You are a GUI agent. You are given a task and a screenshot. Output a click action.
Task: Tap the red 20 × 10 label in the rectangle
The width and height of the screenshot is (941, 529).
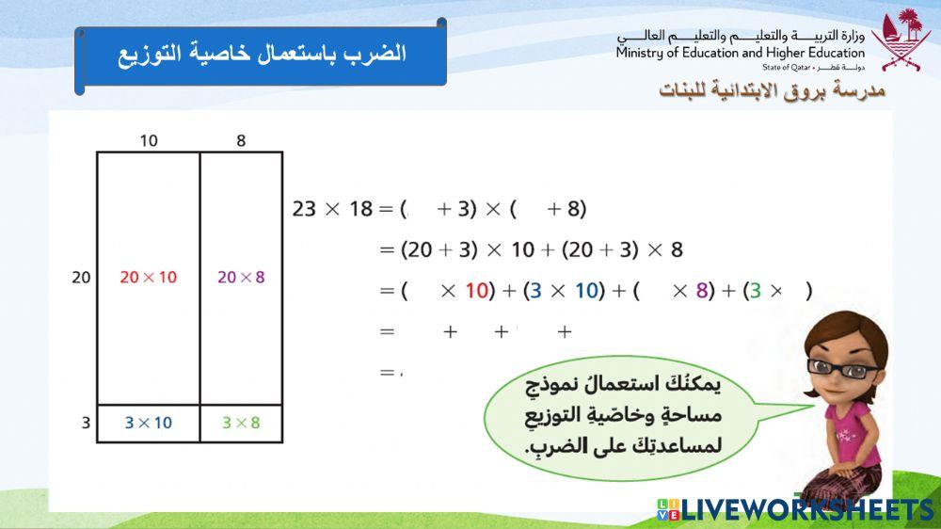(x=148, y=278)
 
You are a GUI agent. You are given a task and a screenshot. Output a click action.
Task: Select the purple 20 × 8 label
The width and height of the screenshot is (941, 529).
(x=241, y=278)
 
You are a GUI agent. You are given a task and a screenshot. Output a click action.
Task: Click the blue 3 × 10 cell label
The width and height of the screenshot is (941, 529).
(x=148, y=423)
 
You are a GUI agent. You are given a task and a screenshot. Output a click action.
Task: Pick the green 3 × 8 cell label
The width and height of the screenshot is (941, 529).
(x=241, y=423)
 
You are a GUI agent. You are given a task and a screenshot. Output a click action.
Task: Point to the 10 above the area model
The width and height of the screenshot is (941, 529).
(x=149, y=141)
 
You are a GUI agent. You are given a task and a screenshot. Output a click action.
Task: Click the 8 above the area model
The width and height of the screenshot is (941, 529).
(x=241, y=141)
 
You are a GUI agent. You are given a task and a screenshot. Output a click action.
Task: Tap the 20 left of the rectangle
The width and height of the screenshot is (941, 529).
(x=82, y=278)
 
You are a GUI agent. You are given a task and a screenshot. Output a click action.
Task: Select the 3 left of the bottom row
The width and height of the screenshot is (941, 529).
(x=86, y=423)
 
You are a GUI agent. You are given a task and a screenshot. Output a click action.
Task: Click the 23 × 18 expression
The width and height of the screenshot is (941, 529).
(x=332, y=209)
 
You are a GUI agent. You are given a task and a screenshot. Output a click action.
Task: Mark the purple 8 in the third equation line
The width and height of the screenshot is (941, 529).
(x=701, y=291)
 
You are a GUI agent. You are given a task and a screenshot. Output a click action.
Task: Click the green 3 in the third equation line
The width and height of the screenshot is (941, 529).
(x=753, y=291)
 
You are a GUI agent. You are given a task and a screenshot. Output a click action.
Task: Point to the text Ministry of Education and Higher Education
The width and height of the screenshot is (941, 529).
(x=740, y=54)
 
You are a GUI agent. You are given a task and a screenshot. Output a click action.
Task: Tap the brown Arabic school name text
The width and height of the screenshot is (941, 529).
(x=772, y=91)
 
